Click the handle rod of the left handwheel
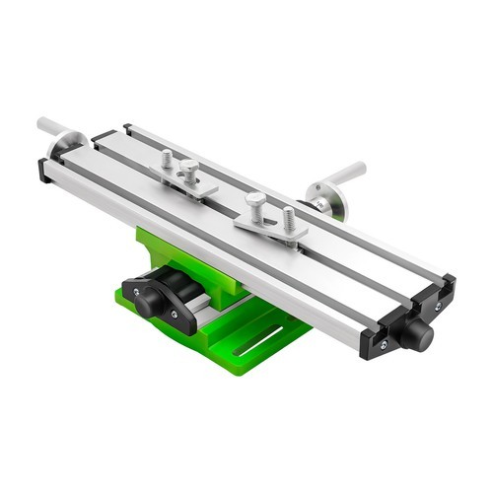tap(50, 129)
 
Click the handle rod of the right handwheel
tap(346, 174)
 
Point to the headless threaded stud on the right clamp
tap(289, 219)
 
